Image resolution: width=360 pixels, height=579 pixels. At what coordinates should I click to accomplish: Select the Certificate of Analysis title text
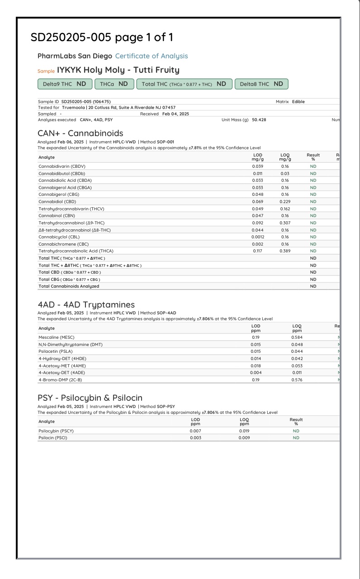coord(152,56)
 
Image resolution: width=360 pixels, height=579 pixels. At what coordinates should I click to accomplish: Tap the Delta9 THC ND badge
coord(64,84)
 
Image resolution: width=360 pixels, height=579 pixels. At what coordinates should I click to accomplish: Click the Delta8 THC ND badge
coord(261,84)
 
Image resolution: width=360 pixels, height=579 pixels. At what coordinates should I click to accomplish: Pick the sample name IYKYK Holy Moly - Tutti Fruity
coord(118,70)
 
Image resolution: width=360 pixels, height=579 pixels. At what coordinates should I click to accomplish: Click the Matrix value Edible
coord(298,102)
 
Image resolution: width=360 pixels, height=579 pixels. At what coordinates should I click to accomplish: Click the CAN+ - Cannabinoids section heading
coord(80,133)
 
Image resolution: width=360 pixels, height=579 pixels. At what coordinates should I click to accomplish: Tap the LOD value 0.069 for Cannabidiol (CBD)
coord(257,202)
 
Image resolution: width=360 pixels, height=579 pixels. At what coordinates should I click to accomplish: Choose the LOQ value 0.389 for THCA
coord(285,251)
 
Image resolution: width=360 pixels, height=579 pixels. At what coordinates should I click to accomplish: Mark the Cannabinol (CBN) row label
coord(55,216)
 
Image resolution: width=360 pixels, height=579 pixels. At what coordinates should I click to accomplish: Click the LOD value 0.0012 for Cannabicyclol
coord(257,237)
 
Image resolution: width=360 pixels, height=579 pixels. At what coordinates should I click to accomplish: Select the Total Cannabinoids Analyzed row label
coord(69,286)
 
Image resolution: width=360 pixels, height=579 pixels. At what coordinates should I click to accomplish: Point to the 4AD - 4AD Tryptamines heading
coord(86,305)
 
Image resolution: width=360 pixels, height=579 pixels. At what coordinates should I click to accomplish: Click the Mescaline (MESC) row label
coord(57,337)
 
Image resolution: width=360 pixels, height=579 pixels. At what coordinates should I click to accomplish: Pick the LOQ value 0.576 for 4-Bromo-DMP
coord(297,380)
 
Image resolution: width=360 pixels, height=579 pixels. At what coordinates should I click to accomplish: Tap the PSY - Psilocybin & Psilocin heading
coord(90,398)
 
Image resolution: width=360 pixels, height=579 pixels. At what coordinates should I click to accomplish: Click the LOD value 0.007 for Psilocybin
coord(195,431)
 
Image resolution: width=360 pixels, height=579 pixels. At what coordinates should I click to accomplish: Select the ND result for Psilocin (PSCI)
coord(296,438)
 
